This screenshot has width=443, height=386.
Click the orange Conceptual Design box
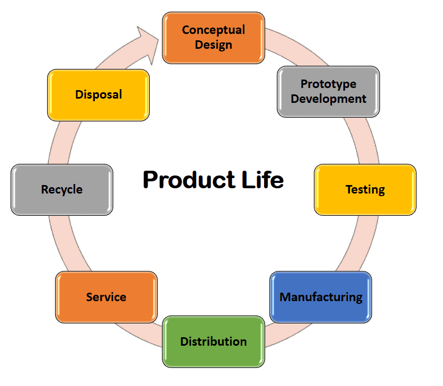tap(213, 38)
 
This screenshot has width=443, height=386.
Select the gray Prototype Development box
tap(328, 91)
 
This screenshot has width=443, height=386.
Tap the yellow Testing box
tap(365, 189)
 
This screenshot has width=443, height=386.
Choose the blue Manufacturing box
tap(321, 297)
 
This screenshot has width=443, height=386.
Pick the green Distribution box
tap(213, 341)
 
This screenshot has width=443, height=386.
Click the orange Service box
tap(106, 297)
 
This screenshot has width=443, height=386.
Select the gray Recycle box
tap(62, 189)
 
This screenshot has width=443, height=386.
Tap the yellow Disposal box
tap(98, 94)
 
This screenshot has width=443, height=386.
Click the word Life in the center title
tap(261, 180)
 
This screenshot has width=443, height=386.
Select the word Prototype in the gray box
tap(328, 84)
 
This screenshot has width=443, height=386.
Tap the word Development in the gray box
tap(328, 99)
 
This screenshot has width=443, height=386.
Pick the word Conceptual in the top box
tap(213, 30)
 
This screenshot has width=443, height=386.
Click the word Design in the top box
tap(213, 45)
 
